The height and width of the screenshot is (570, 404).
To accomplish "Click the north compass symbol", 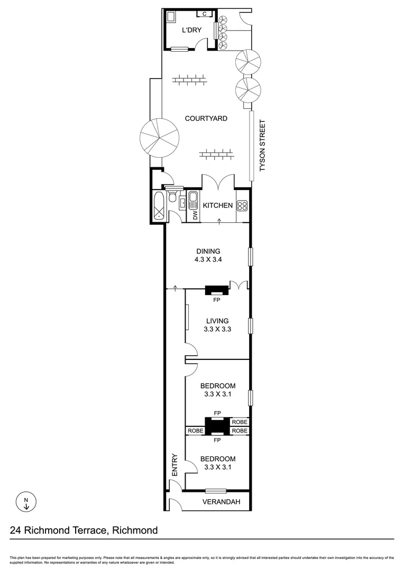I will pos(25,502).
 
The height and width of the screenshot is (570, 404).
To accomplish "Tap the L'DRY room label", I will pos(191,30).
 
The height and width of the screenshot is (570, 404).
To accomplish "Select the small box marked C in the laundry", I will pos(204,14).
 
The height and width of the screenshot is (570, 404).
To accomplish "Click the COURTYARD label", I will pos(206,118).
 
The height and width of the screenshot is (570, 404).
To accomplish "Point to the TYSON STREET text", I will pos(261,146).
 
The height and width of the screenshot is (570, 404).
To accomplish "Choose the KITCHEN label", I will pos(218,205).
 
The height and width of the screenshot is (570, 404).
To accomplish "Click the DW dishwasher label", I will pos(195,215).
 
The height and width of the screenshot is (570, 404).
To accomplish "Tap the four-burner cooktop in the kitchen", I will pos(243,206).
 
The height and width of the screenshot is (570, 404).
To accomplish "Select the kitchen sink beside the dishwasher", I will pos(194,200).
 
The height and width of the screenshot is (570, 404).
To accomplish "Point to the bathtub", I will pos(158,206).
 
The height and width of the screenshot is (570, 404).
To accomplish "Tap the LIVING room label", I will pos(217,320).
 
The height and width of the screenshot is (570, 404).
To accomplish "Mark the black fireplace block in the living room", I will pos(217,289).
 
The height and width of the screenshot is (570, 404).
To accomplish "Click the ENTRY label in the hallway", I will pos(175,463).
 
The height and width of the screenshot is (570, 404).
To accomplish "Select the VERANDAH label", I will pos(221,502).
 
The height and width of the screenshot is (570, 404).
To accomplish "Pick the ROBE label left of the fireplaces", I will pos(195,431).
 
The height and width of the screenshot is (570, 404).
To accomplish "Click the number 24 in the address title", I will pos(17,530).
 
